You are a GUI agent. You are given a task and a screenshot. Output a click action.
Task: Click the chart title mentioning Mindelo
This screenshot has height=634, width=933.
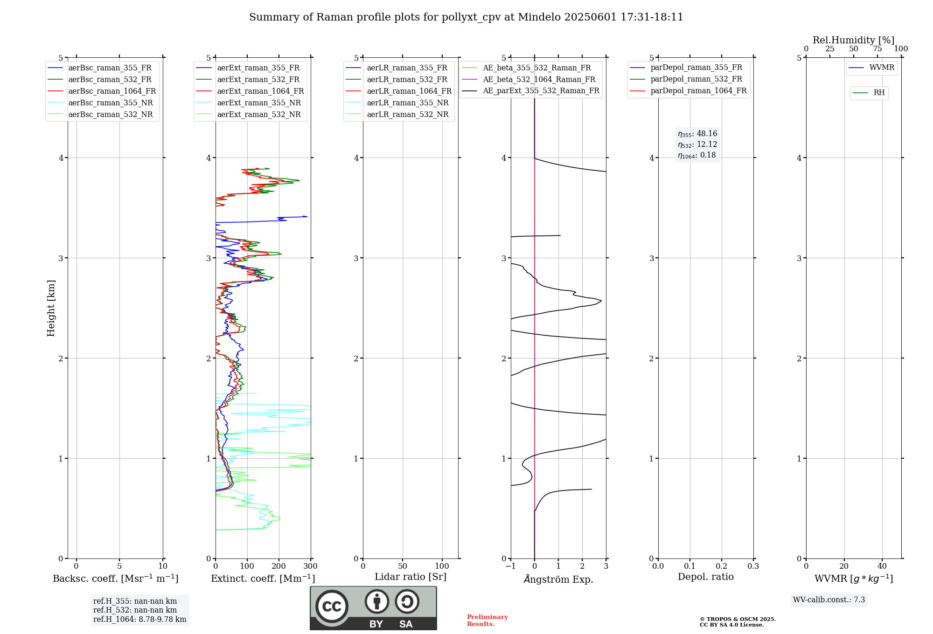tap(466, 17)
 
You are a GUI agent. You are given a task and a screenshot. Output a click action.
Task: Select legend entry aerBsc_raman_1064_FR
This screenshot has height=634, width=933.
tap(112, 91)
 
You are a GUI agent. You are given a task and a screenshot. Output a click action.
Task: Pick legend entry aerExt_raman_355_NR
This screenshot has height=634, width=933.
tap(259, 103)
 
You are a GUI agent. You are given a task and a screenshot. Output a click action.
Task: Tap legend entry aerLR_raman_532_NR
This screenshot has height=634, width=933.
tap(407, 115)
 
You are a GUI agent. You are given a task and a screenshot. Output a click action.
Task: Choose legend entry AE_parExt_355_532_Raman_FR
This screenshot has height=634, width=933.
tap(541, 91)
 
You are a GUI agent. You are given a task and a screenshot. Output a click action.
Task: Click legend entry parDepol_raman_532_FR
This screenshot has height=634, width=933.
tap(696, 79)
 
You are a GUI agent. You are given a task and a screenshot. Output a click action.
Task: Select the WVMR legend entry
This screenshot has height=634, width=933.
tap(882, 68)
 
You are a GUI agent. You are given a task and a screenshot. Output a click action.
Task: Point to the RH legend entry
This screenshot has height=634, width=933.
tap(879, 93)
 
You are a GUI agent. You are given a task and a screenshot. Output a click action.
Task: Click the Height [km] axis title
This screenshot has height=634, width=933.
tap(51, 308)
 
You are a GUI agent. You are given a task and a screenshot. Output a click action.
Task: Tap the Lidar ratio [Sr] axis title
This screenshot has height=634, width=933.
tap(411, 577)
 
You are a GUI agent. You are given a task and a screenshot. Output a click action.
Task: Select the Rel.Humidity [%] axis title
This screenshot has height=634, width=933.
tap(853, 40)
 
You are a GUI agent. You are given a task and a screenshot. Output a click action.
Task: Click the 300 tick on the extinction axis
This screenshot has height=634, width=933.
tap(311, 566)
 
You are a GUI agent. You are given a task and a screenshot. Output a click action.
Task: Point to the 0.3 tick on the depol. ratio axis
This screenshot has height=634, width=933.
tap(753, 566)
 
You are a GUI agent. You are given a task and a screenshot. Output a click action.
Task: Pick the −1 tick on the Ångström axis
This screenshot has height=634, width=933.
tap(511, 566)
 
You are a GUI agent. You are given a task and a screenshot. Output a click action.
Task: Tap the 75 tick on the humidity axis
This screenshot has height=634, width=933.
tap(877, 49)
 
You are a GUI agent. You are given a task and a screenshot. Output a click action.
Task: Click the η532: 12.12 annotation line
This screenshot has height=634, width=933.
tap(697, 145)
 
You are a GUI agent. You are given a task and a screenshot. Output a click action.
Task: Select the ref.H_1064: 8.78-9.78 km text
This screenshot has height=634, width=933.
tap(139, 620)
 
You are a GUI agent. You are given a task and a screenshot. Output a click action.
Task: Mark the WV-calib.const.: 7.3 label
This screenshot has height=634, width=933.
tap(829, 600)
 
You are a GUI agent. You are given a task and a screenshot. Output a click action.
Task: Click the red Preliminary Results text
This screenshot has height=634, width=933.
tap(487, 620)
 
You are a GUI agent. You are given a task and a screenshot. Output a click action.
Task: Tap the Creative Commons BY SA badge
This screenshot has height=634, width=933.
tap(373, 608)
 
